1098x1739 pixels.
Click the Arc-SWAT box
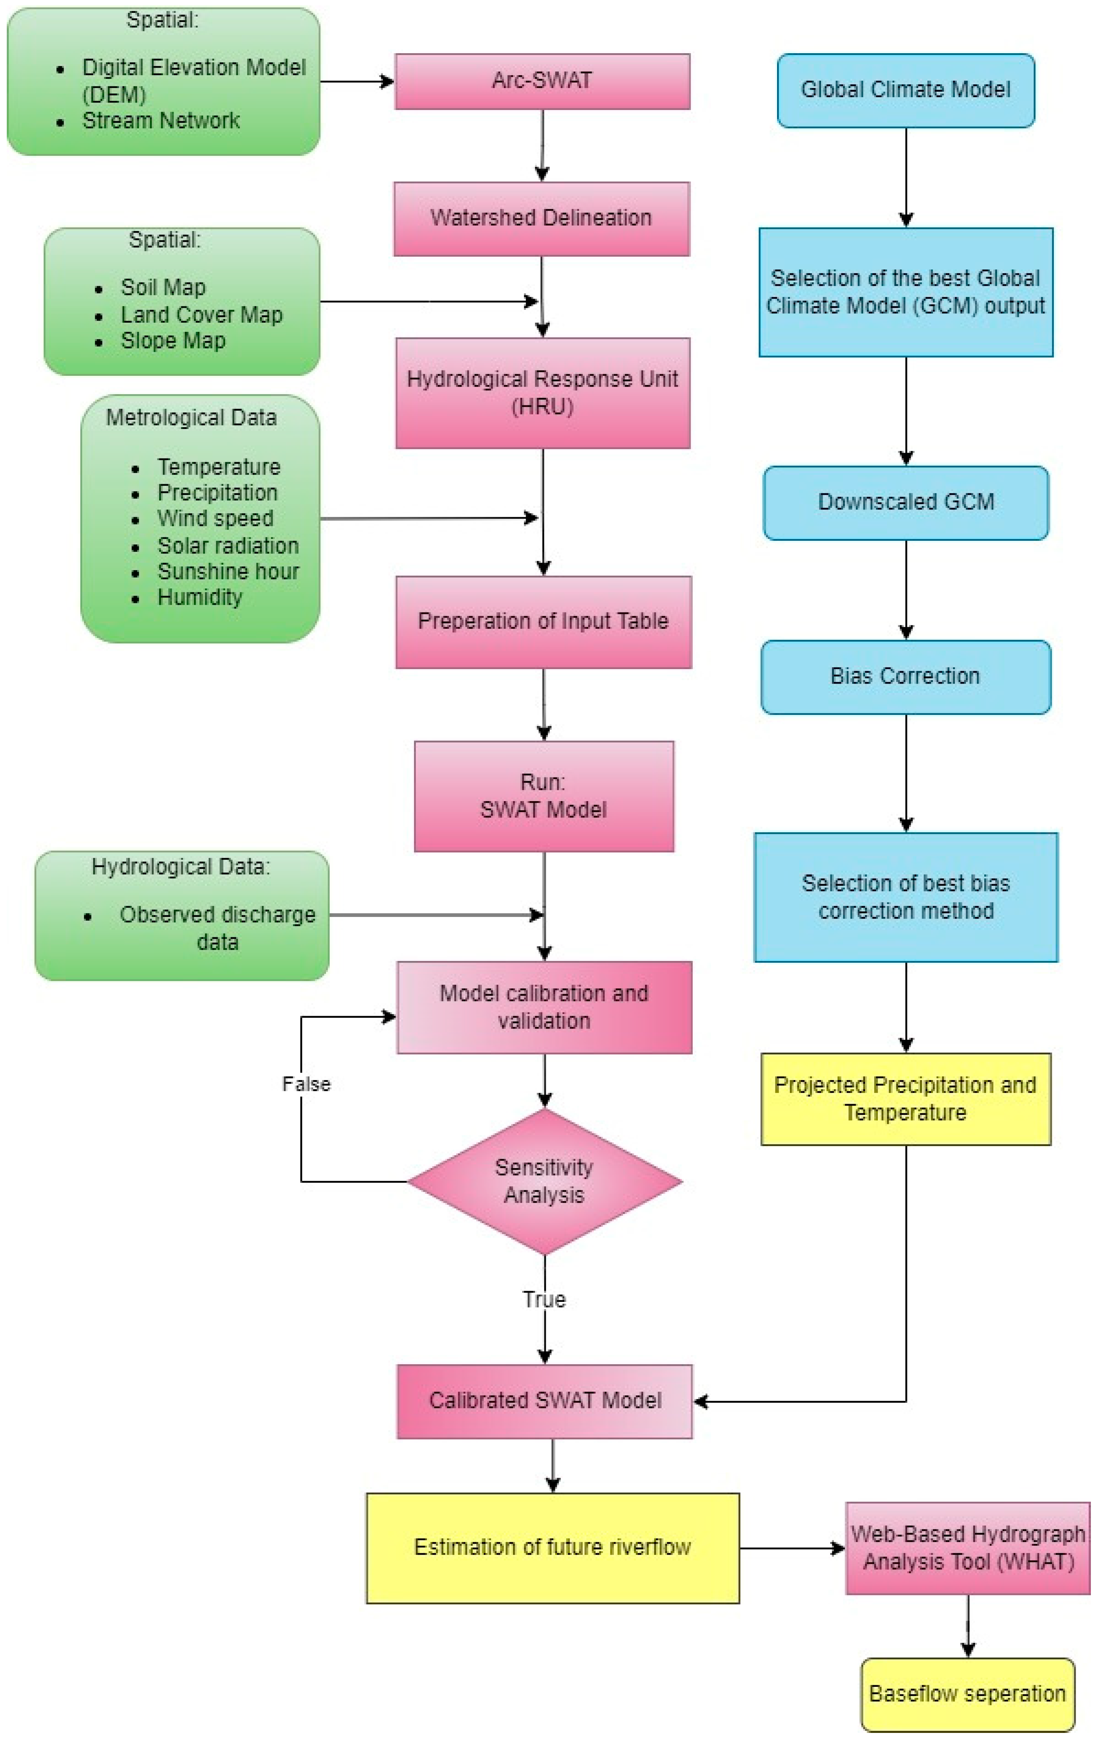pyautogui.click(x=542, y=81)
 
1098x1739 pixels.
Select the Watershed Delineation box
pyautogui.click(x=542, y=218)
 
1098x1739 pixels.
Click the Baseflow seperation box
pyautogui.click(x=967, y=1694)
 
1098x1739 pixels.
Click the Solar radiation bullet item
pyautogui.click(x=228, y=545)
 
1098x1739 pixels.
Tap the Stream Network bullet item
pyautogui.click(x=160, y=121)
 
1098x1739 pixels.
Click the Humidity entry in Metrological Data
pyautogui.click(x=199, y=597)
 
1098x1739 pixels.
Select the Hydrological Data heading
pyautogui.click(x=180, y=866)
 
